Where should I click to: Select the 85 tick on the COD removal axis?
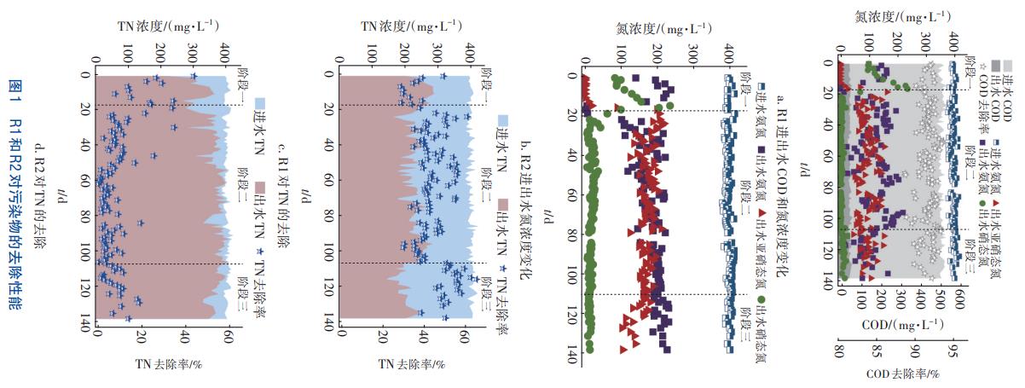coord(879,351)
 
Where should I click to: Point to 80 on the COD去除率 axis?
coord(841,351)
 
